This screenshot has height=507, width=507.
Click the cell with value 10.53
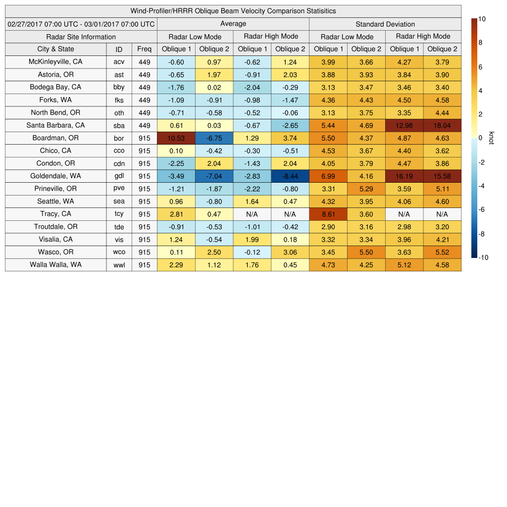[x=176, y=138]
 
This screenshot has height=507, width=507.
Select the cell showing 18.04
[x=442, y=125]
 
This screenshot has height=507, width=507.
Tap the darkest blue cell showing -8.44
[x=290, y=176]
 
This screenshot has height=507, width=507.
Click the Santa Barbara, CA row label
[x=55, y=125]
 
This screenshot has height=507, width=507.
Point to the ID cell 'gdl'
[x=119, y=176]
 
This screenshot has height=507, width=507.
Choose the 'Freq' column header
[x=144, y=49]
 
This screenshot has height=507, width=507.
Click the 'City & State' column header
[x=55, y=49]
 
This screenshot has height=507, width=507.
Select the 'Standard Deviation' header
[x=385, y=24]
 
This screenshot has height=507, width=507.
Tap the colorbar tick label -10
[x=484, y=257]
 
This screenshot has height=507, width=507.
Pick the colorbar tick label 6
[x=480, y=67]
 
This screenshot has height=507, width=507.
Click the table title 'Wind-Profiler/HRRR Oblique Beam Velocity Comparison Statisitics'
[x=233, y=11]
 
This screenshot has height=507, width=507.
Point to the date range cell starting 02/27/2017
[x=81, y=24]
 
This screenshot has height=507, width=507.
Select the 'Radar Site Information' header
[x=81, y=37]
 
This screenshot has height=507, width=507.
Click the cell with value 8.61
[x=328, y=214]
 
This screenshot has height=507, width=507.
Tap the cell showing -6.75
[x=214, y=138]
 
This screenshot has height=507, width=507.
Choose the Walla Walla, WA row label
[x=55, y=265]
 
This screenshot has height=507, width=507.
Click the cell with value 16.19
[x=405, y=176]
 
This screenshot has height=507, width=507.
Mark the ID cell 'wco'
[x=119, y=252]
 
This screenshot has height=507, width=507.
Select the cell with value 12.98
[x=405, y=125]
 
